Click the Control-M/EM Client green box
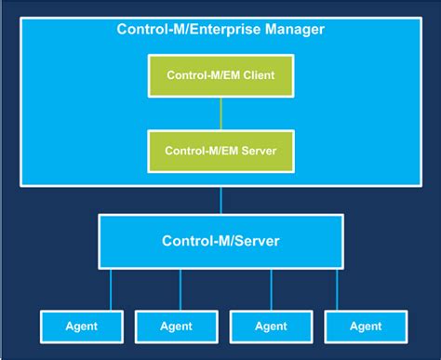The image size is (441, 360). (220, 74)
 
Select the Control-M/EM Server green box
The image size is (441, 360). (220, 150)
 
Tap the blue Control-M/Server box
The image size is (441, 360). (220, 242)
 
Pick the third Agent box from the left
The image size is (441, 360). (270, 326)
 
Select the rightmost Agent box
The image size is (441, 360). (365, 326)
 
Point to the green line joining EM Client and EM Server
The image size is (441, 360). (220, 113)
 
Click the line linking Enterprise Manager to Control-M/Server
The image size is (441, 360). (220, 200)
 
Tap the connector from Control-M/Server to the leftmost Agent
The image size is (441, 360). (113, 289)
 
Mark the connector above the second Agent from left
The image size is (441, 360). (176, 289)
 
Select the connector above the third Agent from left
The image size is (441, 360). (272, 289)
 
